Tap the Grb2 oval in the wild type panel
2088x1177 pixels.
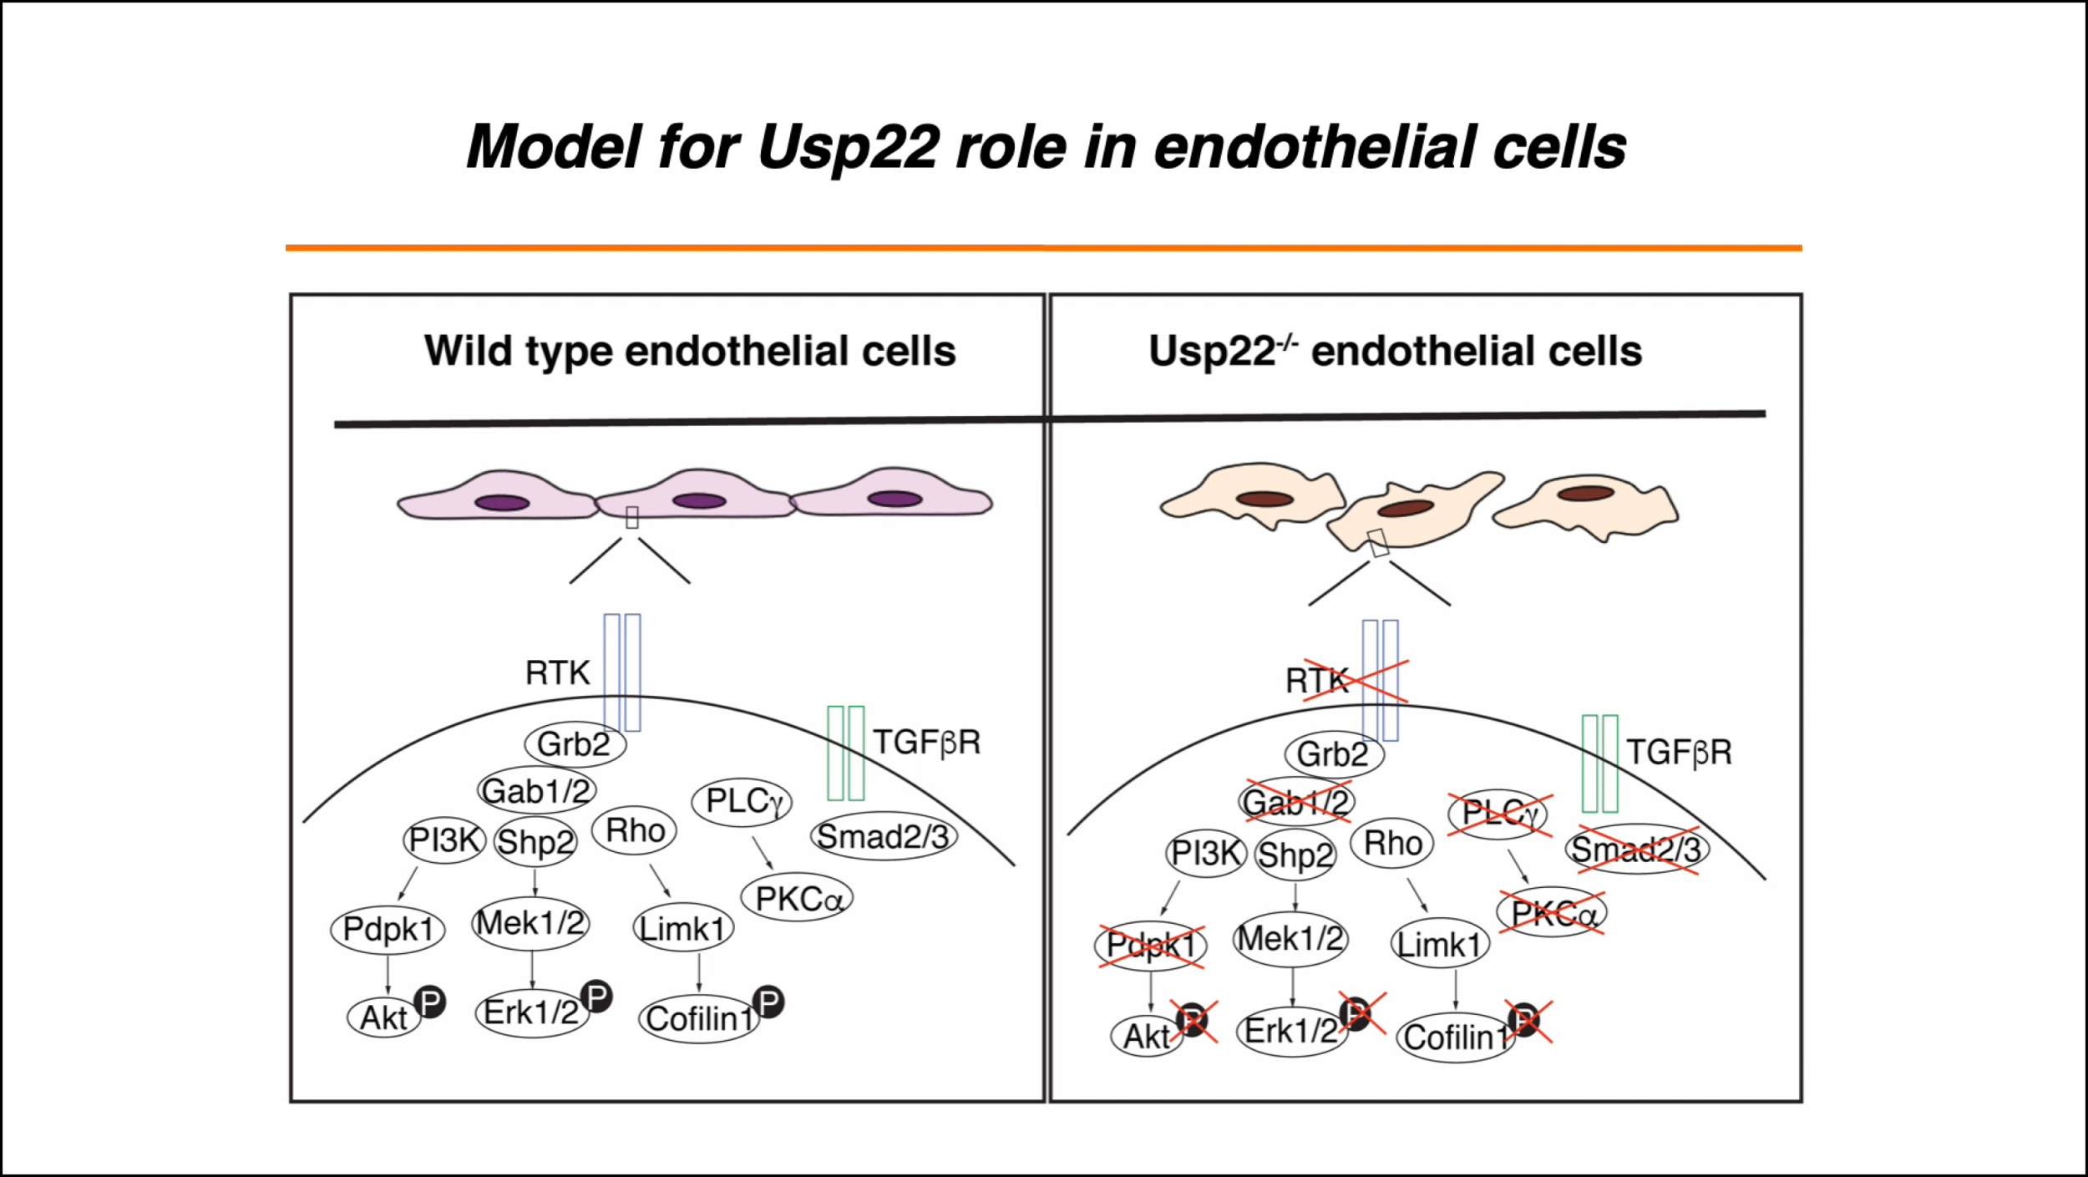pos(575,743)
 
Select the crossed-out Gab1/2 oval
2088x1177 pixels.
pos(1296,803)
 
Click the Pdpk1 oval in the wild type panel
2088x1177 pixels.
pos(388,929)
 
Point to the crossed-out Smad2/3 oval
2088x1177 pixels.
pos(1636,850)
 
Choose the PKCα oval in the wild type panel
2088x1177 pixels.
pos(797,898)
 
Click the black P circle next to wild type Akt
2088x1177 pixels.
pos(430,1002)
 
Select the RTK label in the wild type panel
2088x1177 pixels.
pos(557,673)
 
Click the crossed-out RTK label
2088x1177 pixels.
pos(1317,681)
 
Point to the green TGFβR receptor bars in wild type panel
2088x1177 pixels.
pos(845,753)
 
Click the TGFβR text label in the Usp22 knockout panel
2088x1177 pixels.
pos(1679,753)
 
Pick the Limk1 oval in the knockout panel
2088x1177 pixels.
pos(1440,945)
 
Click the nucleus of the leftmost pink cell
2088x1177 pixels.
pos(502,503)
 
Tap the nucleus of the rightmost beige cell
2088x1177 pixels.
pos(1585,493)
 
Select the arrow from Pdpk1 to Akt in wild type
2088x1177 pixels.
pos(388,975)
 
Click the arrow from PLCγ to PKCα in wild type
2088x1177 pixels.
pos(763,852)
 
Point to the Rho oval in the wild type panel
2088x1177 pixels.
pos(635,830)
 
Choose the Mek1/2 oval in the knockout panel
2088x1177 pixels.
pos(1290,939)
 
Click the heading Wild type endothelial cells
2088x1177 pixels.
pos(690,351)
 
